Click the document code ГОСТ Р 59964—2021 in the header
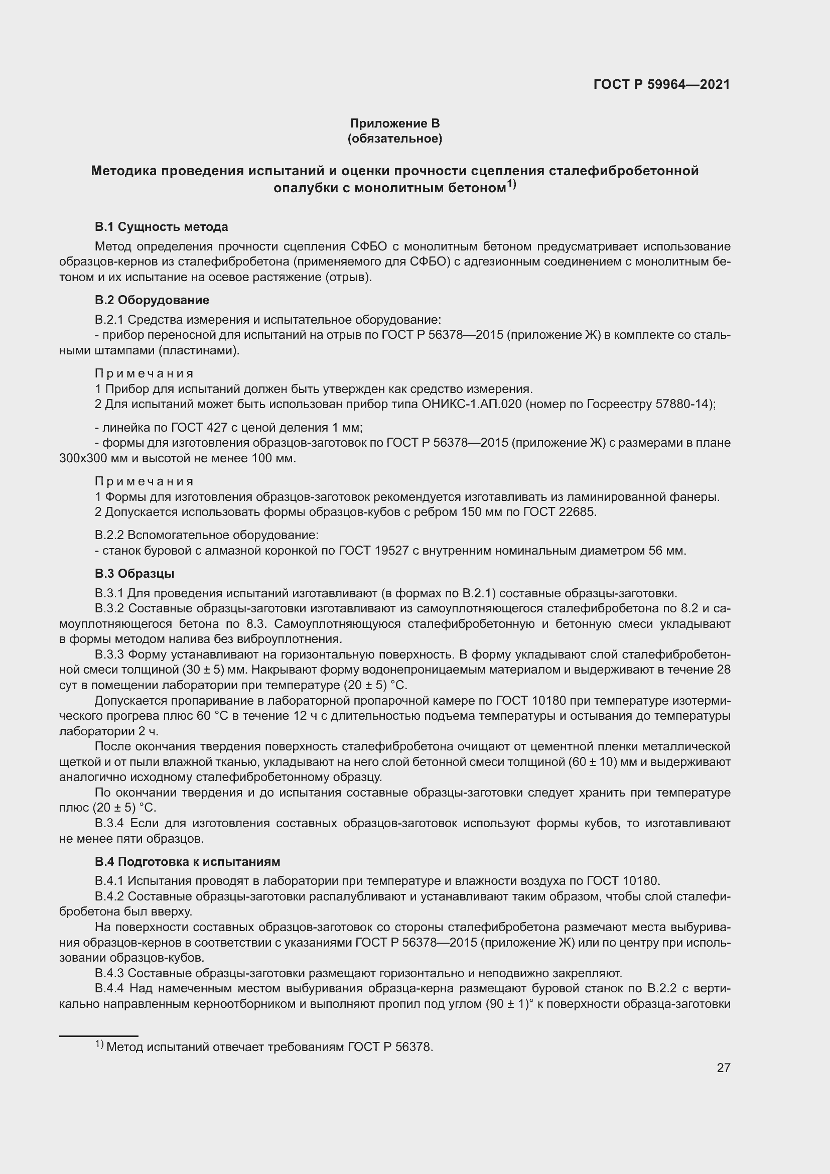(661, 84)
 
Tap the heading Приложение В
(394, 123)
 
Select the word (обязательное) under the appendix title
(394, 139)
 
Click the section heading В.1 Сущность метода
(161, 226)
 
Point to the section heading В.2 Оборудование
(152, 300)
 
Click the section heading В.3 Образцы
(134, 574)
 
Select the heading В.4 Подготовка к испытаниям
(187, 862)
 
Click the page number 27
(723, 1068)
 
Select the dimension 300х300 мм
(91, 458)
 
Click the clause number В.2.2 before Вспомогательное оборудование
(109, 535)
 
